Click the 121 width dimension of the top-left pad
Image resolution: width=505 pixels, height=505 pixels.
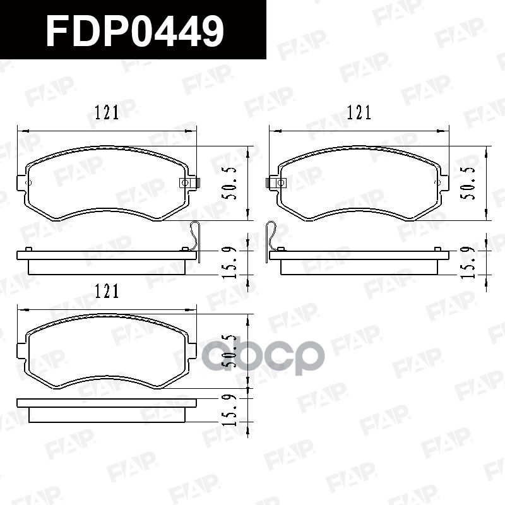(x=107, y=113)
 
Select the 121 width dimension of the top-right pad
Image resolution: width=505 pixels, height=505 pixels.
(x=359, y=113)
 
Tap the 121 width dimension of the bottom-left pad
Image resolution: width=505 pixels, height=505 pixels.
(x=107, y=291)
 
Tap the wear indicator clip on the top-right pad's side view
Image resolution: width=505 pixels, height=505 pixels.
(x=272, y=237)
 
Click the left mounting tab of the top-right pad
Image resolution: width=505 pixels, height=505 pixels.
(x=276, y=183)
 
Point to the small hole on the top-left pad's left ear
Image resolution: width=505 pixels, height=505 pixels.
(x=27, y=183)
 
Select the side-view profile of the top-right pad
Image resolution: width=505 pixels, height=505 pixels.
(x=359, y=261)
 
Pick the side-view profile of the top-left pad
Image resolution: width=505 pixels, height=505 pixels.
(x=107, y=261)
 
